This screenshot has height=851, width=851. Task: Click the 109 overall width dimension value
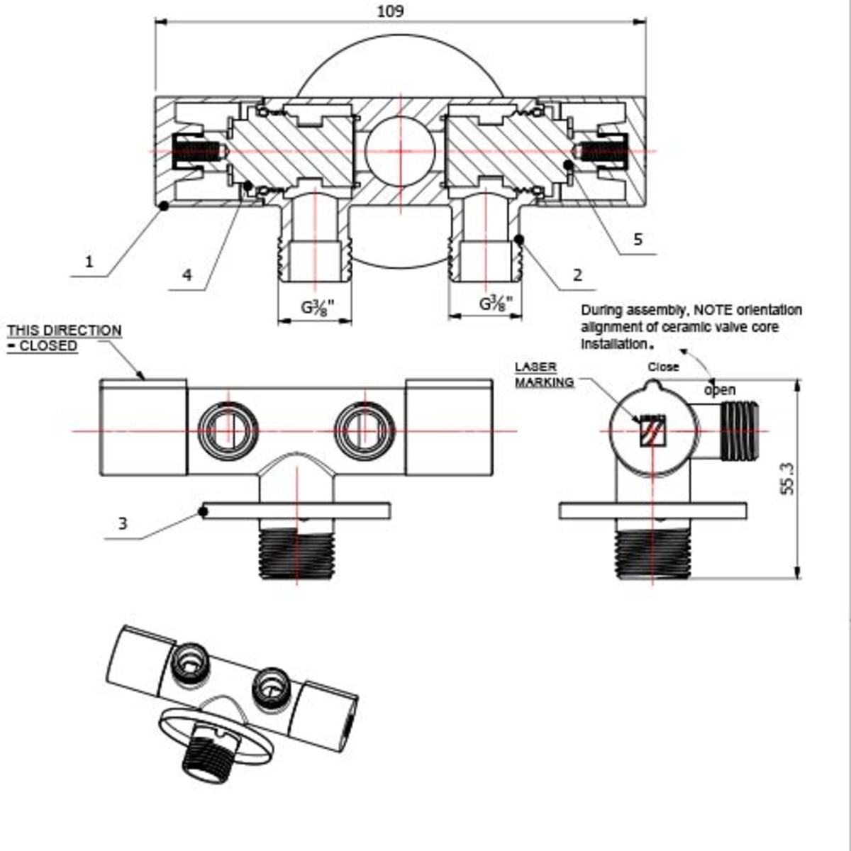[x=391, y=11]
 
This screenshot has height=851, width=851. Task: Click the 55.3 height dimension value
[x=787, y=479]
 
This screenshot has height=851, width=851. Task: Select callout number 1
[x=89, y=262]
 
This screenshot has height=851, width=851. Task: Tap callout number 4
[x=187, y=275]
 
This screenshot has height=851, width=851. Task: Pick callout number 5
[x=638, y=239]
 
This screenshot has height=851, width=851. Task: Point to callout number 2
[x=577, y=275]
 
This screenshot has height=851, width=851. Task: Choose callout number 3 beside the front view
[x=123, y=524]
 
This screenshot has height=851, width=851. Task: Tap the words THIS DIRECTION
[x=65, y=330]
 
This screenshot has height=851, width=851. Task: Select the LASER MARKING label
[x=544, y=374]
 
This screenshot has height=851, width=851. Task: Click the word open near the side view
[x=719, y=390]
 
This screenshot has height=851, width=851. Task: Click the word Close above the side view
[x=663, y=367]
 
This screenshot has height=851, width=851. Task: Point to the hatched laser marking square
[x=652, y=431]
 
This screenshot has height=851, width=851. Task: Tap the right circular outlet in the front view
[x=365, y=430]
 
